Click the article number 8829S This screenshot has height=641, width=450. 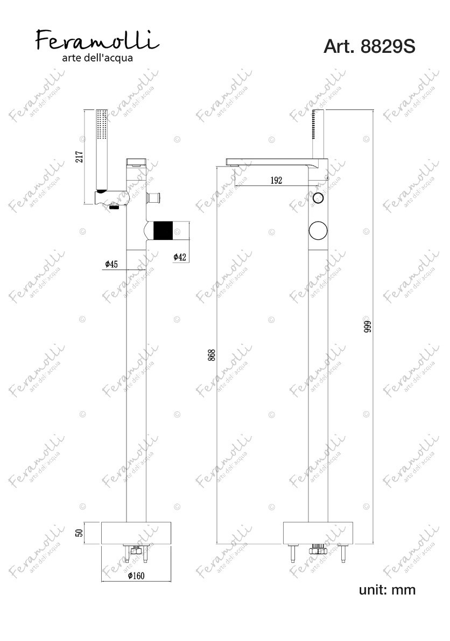tap(388, 46)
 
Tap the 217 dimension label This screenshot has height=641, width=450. tap(80, 156)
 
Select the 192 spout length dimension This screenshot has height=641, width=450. tap(276, 180)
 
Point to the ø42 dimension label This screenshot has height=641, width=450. tap(180, 257)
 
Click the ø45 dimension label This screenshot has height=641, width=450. tap(111, 264)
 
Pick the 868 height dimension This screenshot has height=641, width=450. tap(211, 355)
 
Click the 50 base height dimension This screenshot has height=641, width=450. tap(80, 532)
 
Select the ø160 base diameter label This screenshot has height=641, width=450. tap(136, 576)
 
